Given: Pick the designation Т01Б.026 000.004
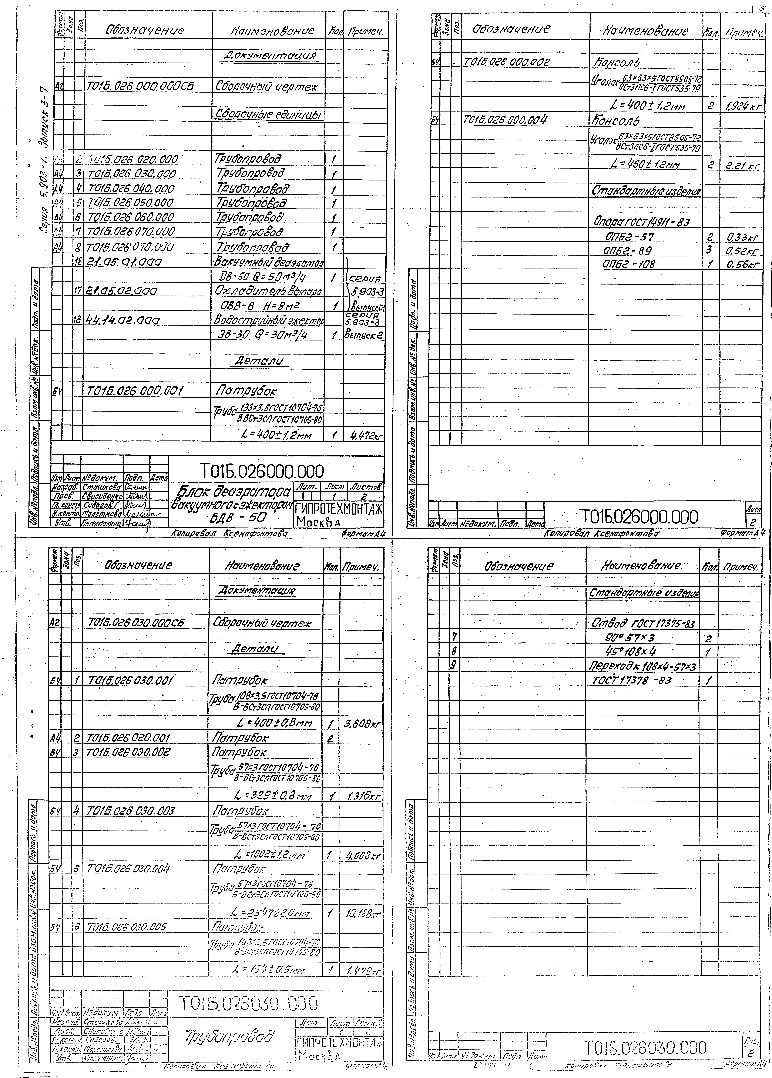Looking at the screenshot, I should (x=505, y=120).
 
